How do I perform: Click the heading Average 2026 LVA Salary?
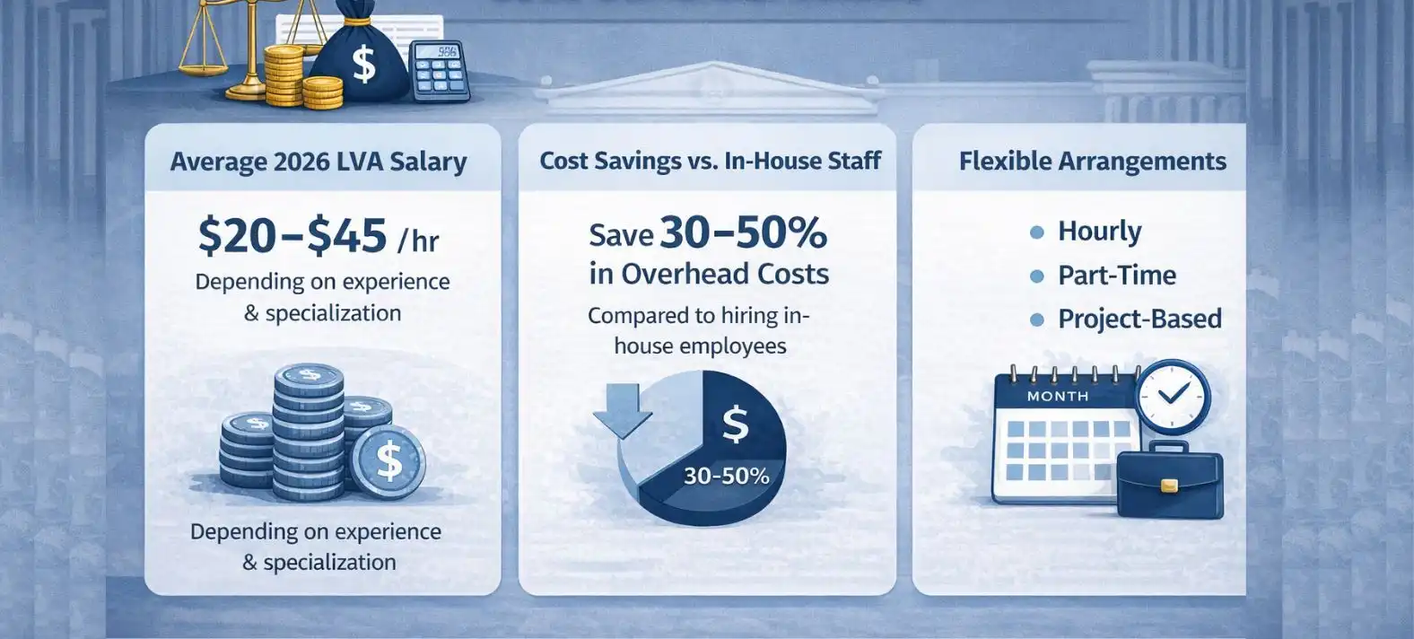tap(319, 162)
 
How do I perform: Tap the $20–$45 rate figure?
tap(292, 235)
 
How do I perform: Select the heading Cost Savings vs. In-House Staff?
tap(711, 161)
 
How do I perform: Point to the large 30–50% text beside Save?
tap(743, 232)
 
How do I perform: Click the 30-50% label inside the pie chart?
tap(727, 476)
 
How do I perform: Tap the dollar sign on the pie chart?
tap(736, 424)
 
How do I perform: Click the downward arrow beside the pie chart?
tap(623, 410)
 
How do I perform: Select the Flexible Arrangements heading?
tap(1093, 161)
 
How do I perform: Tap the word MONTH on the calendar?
tap(1058, 397)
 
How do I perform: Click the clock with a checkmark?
tap(1173, 397)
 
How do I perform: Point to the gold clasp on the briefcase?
tap(1169, 486)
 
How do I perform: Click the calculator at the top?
tap(440, 71)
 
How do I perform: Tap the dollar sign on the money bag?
tap(363, 64)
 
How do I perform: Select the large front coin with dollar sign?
tap(388, 461)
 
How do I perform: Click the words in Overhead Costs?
tap(709, 274)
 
